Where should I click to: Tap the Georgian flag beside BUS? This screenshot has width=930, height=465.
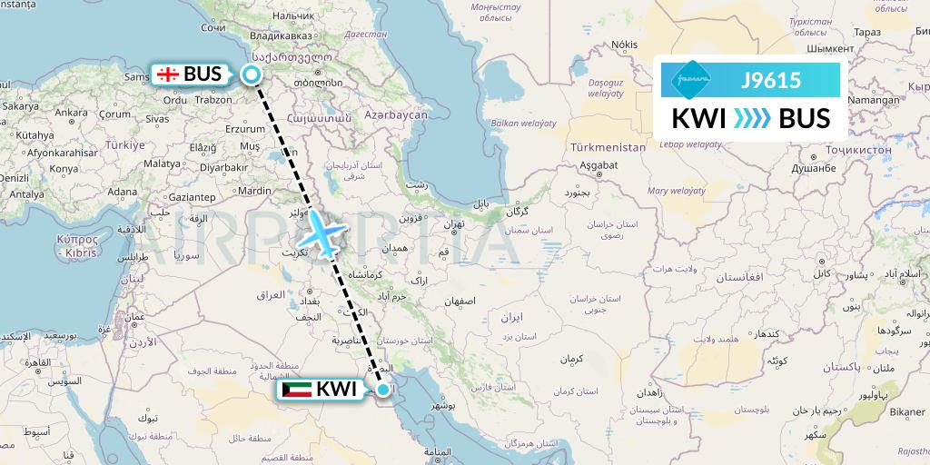click(166, 74)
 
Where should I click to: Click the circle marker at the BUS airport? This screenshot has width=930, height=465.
click(252, 75)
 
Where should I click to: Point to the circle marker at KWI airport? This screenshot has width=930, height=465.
click(384, 391)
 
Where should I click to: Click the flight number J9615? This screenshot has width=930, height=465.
click(771, 80)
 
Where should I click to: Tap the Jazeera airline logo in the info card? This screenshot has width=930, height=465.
click(689, 80)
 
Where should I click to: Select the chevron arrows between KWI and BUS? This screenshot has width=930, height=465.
click(750, 119)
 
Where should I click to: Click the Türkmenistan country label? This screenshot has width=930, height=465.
click(608, 146)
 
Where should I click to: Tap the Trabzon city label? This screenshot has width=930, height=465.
click(213, 100)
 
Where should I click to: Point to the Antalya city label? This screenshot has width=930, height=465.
click(26, 193)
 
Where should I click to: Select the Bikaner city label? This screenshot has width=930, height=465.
click(905, 411)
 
